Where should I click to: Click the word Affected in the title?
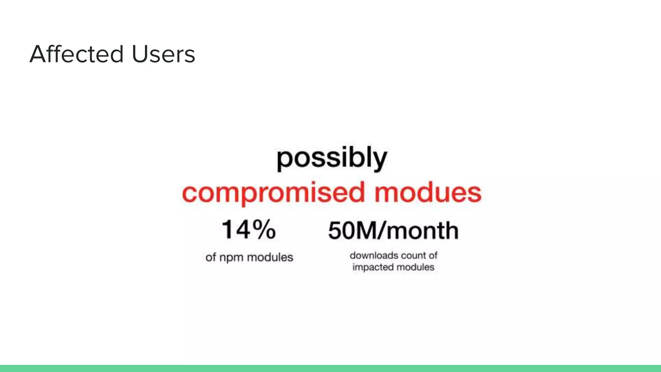77,54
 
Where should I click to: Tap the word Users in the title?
163,54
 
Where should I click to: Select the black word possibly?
332,158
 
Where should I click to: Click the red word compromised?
273,193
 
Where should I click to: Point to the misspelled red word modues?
428,193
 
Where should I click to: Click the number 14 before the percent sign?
236,230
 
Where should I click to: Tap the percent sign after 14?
264,230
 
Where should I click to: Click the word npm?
231,258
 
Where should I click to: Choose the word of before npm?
210,257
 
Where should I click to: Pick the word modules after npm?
270,257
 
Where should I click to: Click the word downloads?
374,255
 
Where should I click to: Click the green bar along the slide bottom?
330,368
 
